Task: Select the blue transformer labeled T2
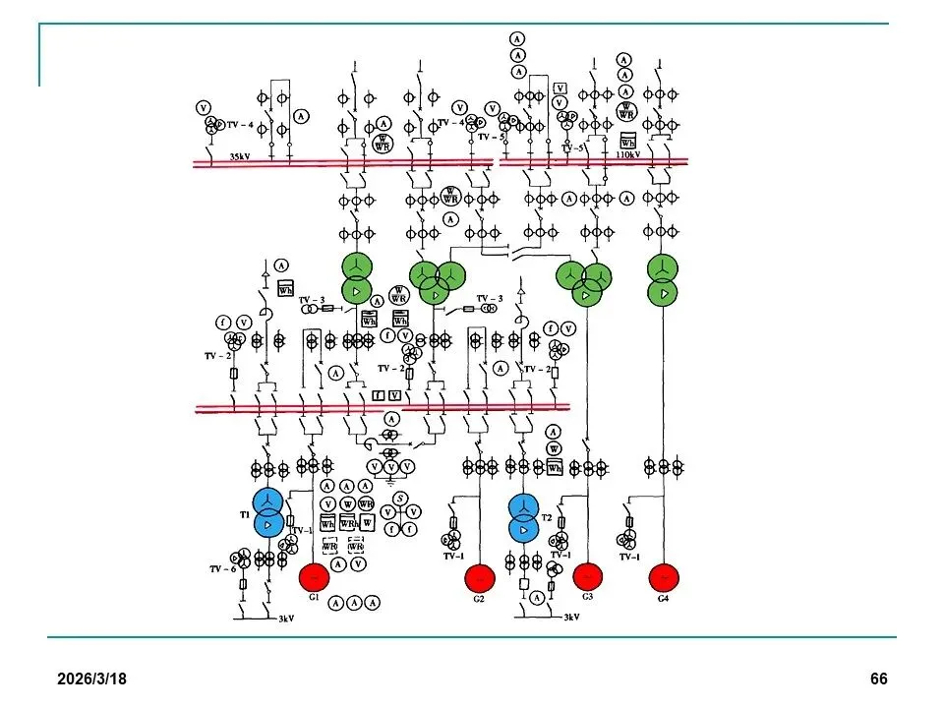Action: [x=524, y=518]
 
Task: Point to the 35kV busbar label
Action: [x=240, y=156]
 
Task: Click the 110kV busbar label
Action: [x=626, y=155]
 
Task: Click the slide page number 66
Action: [x=878, y=679]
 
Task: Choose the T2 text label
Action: [x=548, y=517]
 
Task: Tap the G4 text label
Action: [x=664, y=597]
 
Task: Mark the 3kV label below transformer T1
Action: [x=285, y=619]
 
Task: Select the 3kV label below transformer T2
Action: [x=570, y=618]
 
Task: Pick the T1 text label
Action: [x=245, y=512]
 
